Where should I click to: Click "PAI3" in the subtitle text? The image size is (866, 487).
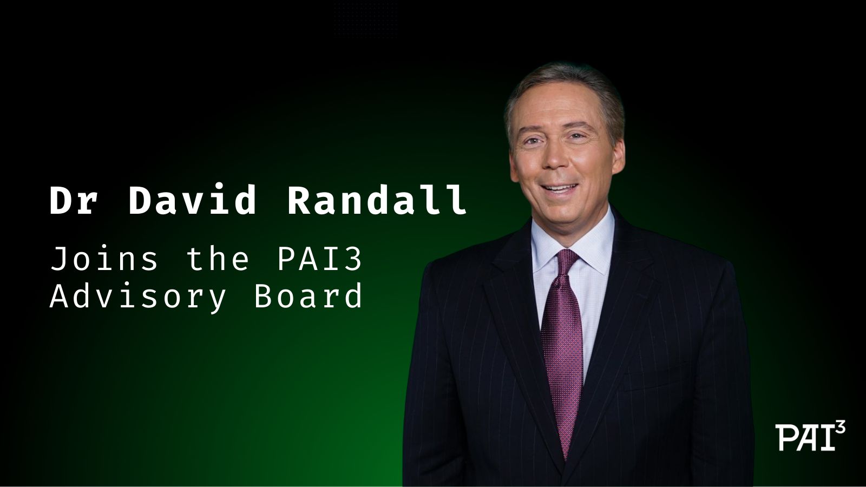[x=320, y=259]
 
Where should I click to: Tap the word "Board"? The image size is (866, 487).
[x=308, y=295]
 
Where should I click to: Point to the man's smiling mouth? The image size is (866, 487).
[x=559, y=189]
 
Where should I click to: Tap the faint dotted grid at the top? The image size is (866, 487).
[x=365, y=19]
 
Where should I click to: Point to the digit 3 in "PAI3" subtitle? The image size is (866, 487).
[x=353, y=259]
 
